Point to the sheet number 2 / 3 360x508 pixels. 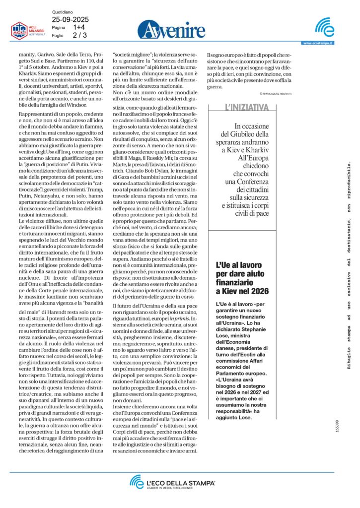click(79, 35)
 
